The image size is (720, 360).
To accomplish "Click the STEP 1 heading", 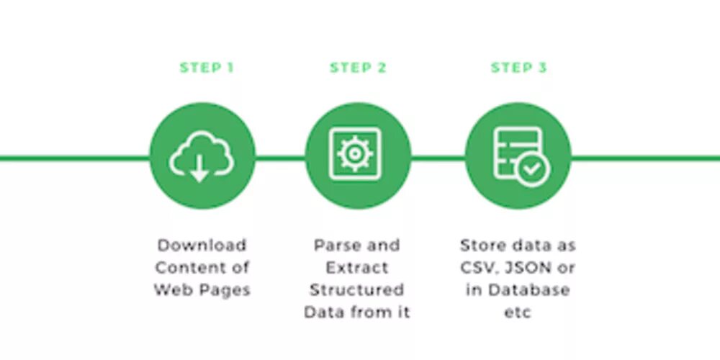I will click(x=207, y=68).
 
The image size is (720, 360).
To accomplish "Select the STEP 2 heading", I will click(x=358, y=68).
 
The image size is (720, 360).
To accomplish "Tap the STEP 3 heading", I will click(x=518, y=68).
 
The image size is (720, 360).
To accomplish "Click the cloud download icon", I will click(x=202, y=156).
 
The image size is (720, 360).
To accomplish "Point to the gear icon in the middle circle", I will click(x=353, y=154).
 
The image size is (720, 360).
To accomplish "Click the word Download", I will click(x=202, y=245).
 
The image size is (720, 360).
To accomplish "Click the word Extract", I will click(x=357, y=268).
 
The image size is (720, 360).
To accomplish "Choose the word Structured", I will click(x=357, y=290).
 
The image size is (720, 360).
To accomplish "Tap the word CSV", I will click(x=478, y=268).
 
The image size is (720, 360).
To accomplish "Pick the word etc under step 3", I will click(x=517, y=313).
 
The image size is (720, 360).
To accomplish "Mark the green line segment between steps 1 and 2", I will click(x=280, y=157).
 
